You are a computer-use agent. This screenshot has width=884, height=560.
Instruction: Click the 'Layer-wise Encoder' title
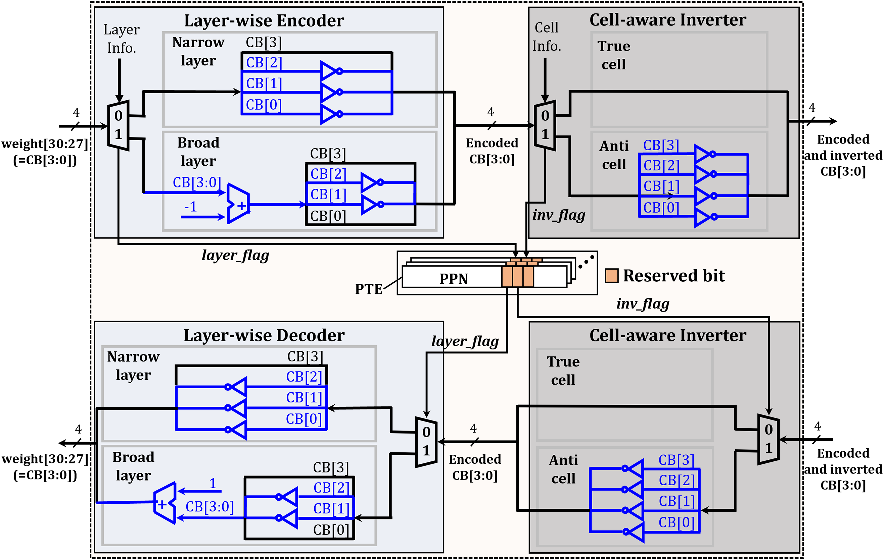pos(264,20)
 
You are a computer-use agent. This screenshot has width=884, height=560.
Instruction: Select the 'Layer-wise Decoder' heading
pos(264,335)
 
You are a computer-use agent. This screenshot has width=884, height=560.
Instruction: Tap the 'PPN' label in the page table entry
pos(454,279)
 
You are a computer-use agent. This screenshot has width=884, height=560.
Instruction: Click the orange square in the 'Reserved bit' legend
pos(612,276)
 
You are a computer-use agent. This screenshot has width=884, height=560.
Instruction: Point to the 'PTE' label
pos(369,289)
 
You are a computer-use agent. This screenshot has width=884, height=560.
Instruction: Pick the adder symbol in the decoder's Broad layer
pos(165,503)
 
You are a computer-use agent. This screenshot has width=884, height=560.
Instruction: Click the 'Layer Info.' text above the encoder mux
pos(122,39)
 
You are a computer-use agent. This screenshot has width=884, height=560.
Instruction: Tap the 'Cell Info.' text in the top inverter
pos(547,37)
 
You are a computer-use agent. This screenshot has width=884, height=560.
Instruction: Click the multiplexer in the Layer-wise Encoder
pos(118,125)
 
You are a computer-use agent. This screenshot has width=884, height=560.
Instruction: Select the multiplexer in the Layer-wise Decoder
pos(426,442)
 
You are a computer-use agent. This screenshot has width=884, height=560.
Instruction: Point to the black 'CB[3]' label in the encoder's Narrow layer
pos(264,43)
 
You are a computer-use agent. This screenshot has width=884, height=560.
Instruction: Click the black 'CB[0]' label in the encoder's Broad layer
pos(328,216)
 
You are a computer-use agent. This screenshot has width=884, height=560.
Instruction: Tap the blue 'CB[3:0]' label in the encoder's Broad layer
pos(197,182)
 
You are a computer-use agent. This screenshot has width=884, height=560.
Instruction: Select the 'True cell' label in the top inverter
pos(613,55)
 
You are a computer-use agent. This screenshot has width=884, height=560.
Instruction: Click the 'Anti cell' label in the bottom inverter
pos(563,469)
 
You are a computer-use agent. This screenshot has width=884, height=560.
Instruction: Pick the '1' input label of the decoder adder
pos(213,483)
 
